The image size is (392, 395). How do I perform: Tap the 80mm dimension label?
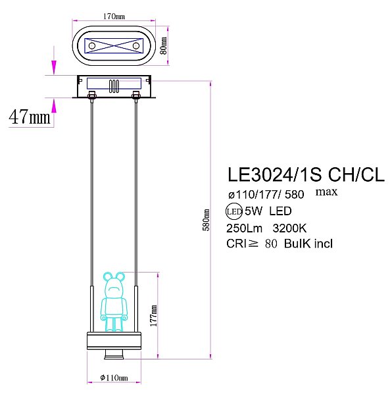(164, 46)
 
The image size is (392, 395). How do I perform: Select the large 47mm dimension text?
(30, 117)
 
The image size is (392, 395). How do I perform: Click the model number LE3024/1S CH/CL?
(305, 174)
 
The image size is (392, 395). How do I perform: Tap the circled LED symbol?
(233, 212)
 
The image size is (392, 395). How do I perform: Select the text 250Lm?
(245, 228)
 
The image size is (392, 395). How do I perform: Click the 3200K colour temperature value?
(291, 228)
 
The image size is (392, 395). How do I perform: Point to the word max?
(327, 192)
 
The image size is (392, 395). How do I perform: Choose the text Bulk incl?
(309, 244)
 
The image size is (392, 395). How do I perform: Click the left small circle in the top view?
(92, 45)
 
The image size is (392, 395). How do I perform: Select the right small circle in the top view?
(136, 45)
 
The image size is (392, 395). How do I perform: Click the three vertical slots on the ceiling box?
(114, 86)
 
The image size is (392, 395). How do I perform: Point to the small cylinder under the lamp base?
(114, 356)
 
